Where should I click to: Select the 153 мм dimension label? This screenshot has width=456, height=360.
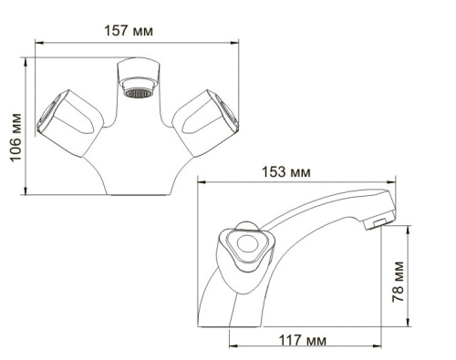tap(291, 172)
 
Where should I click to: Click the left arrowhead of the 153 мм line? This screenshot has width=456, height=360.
tap(202, 182)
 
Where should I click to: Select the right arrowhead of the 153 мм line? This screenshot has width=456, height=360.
tap(397, 182)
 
